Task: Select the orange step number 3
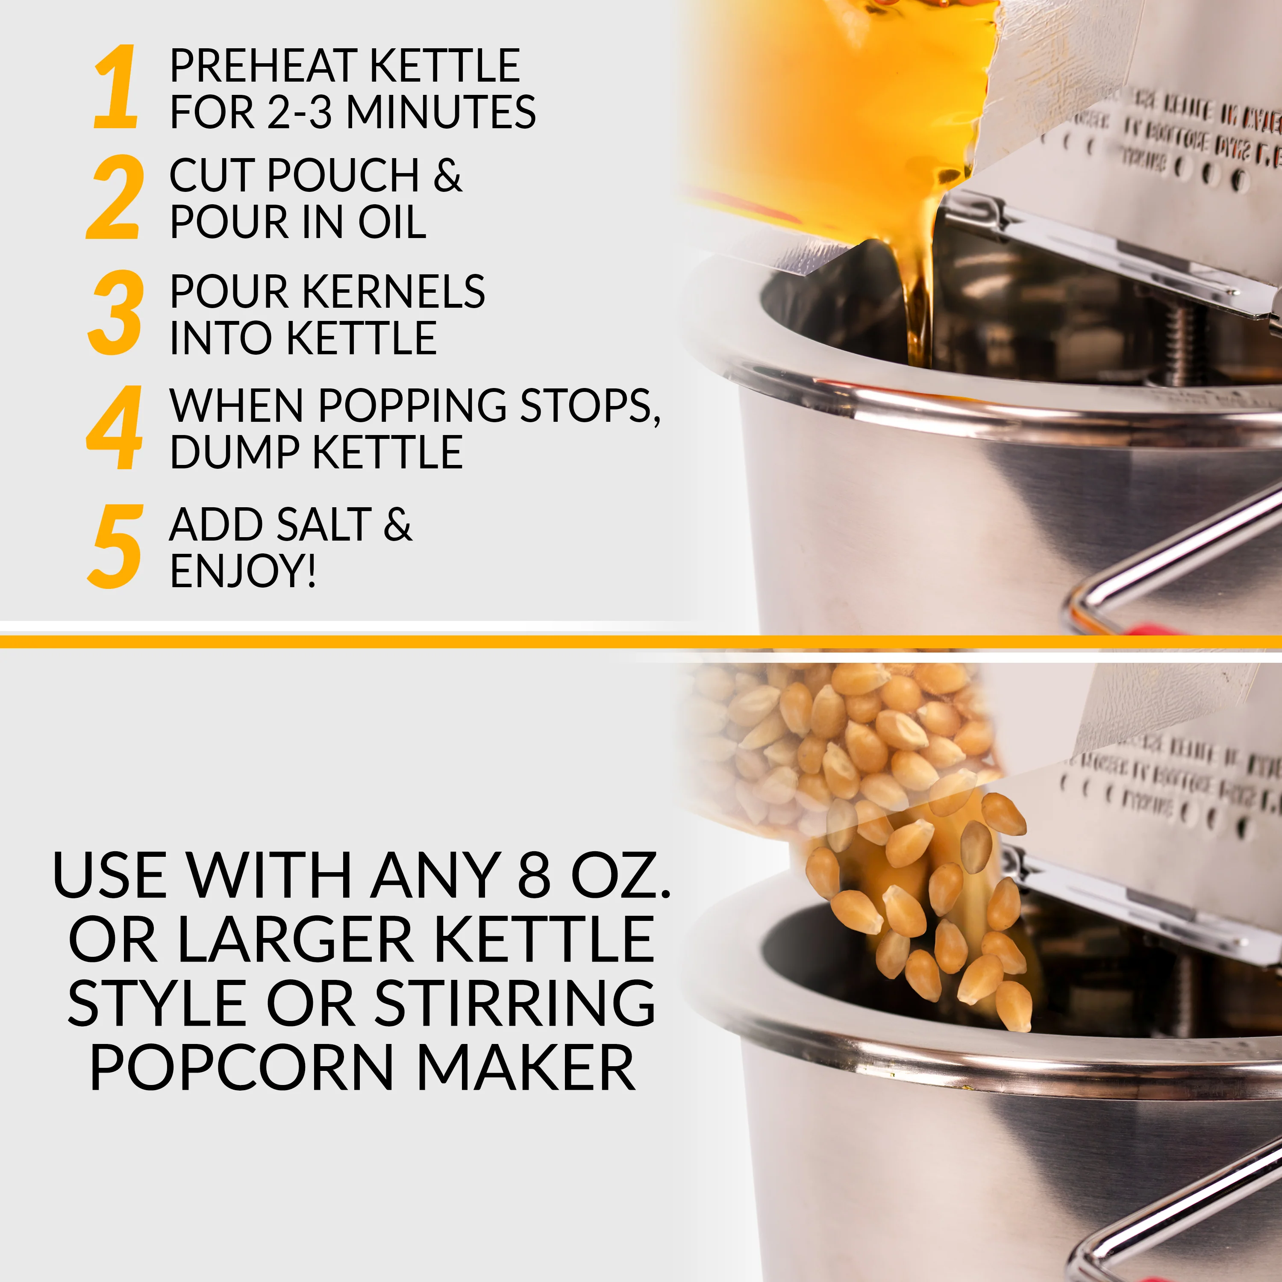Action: tap(115, 312)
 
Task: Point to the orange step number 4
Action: tap(115, 428)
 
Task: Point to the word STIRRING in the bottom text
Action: tap(515, 1003)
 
